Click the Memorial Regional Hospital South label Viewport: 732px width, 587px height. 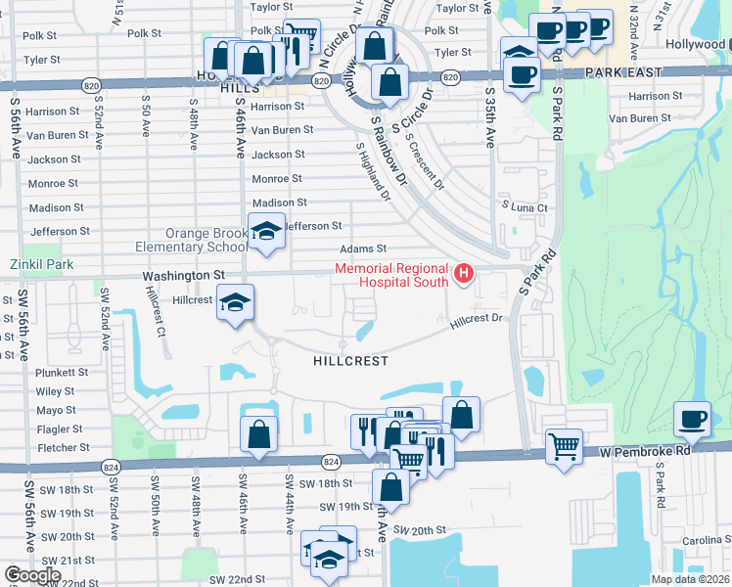pyautogui.click(x=391, y=275)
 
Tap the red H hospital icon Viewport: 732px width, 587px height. pyautogui.click(x=464, y=273)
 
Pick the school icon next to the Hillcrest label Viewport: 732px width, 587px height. pyautogui.click(x=235, y=303)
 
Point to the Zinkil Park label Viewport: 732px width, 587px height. pyautogui.click(x=41, y=264)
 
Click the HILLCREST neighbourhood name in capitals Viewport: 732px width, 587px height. pyautogui.click(x=350, y=361)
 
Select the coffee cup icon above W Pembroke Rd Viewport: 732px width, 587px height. pyautogui.click(x=694, y=420)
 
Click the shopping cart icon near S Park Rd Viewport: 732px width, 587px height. pyautogui.click(x=564, y=447)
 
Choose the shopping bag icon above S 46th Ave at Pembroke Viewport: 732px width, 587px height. pyautogui.click(x=258, y=435)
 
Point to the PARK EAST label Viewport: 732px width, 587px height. pyautogui.click(x=624, y=73)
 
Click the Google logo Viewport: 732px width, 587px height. pyautogui.click(x=32, y=575)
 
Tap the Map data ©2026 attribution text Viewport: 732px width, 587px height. pyautogui.click(x=690, y=579)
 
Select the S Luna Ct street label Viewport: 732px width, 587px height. pyautogui.click(x=525, y=207)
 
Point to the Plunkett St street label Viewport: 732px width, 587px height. pyautogui.click(x=62, y=373)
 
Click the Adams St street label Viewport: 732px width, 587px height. pyautogui.click(x=363, y=249)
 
